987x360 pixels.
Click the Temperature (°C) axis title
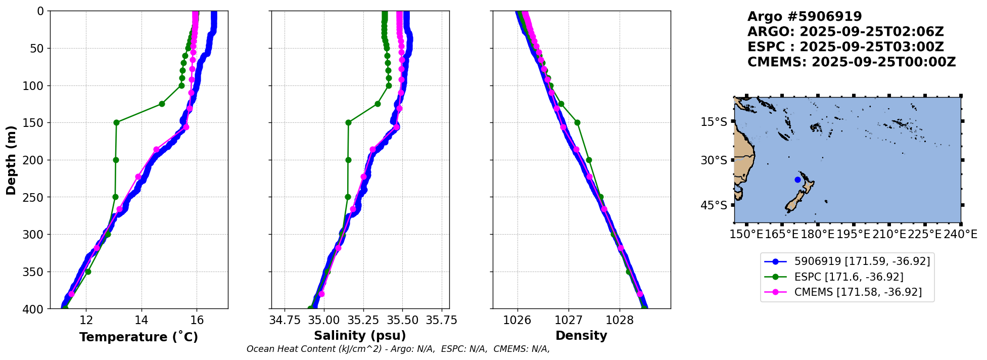138,337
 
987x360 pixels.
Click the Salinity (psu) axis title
360,336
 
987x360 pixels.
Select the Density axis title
581,336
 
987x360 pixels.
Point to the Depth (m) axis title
11,160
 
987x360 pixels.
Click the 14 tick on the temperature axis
142,320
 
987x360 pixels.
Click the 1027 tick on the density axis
569,320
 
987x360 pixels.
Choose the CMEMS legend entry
843,292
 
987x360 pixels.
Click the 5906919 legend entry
847,261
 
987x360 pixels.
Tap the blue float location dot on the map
797,179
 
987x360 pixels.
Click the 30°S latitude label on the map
714,160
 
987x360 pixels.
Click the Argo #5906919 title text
805,17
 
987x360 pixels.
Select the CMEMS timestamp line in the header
852,62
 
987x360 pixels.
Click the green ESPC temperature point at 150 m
116,122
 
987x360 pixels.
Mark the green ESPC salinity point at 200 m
348,160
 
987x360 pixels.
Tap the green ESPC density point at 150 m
577,122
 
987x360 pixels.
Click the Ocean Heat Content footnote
398,349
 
